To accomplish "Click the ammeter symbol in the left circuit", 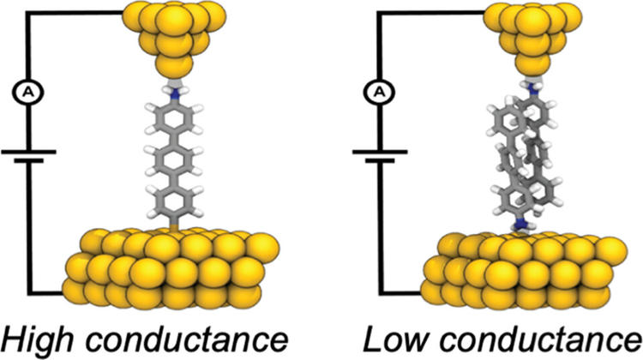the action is [28, 93].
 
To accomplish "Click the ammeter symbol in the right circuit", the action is [380, 92].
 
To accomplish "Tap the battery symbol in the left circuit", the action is [28, 156].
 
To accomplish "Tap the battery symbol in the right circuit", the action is [380, 156].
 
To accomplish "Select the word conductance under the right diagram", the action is [532, 339].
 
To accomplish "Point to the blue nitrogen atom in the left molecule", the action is [175, 95].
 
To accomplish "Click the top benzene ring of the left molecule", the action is [175, 118].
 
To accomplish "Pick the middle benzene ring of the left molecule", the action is [175, 160].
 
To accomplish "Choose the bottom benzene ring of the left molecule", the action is [175, 201].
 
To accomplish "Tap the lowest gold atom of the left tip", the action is [174, 65].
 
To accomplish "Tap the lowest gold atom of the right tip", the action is [532, 64].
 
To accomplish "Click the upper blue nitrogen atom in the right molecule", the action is [532, 87].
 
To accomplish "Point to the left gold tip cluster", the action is [174, 39].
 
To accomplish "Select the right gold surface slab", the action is [525, 271].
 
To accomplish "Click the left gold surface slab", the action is [171, 269].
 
